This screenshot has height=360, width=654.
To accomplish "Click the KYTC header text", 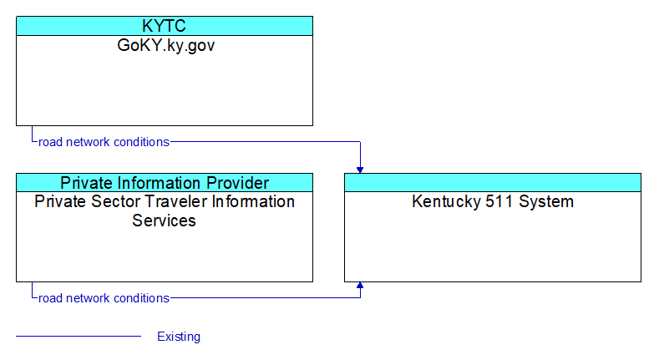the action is click(x=164, y=26).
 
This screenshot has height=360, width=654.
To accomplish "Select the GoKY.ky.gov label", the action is click(x=166, y=45).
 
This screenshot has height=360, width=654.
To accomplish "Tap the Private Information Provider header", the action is click(x=165, y=183).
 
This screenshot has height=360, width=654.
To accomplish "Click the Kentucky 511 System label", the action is click(x=493, y=202).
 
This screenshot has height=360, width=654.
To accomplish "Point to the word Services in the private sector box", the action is click(x=164, y=221).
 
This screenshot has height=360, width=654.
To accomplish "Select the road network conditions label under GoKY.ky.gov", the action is click(x=104, y=142).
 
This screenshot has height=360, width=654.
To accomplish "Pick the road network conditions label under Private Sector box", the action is click(x=104, y=298).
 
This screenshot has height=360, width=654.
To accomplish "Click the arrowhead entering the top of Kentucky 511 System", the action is click(x=360, y=170).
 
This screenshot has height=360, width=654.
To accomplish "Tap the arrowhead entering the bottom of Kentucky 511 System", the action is click(x=360, y=286).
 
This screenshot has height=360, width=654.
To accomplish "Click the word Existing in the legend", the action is click(x=179, y=337).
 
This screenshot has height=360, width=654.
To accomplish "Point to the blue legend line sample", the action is click(x=79, y=336).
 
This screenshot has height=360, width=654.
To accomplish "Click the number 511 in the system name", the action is click(x=499, y=202).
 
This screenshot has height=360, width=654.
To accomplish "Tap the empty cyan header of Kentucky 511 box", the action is click(x=493, y=183).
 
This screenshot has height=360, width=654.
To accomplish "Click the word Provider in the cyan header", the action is click(x=237, y=183).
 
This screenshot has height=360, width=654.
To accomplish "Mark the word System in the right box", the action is click(x=546, y=202).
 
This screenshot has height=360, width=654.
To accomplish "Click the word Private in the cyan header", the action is click(x=87, y=183).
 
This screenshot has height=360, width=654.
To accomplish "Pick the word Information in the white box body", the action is click(x=253, y=201).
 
